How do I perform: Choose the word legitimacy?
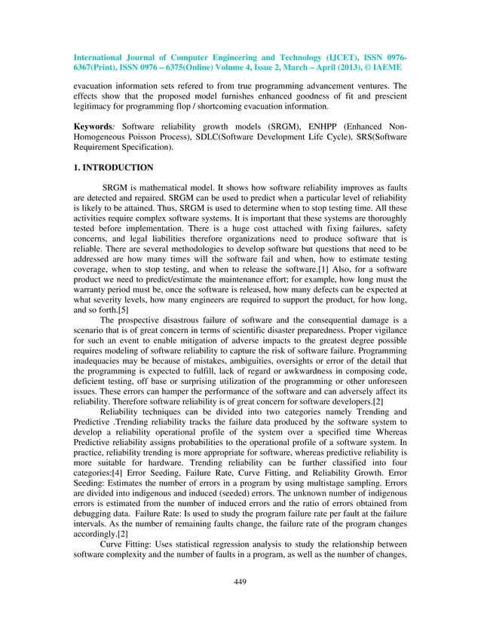[89, 100]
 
